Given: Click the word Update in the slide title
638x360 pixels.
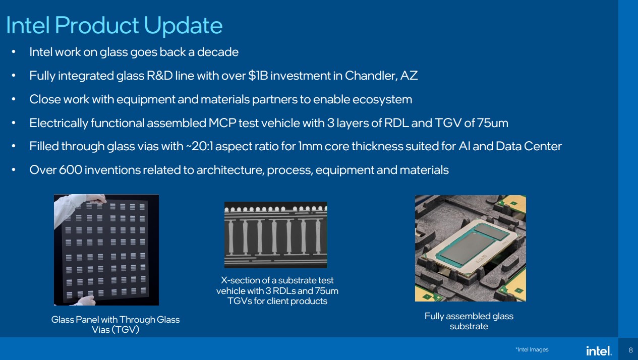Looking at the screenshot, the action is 183,26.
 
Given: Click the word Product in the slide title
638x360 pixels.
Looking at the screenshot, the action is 96,25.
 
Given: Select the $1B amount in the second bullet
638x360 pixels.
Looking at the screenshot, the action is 258,76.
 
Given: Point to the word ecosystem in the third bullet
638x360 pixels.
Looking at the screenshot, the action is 382,100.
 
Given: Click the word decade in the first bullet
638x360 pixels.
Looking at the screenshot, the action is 217,52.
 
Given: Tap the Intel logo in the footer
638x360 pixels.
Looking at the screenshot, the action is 599,350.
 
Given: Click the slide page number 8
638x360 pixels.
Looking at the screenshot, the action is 630,350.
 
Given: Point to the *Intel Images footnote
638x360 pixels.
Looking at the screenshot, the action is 532,349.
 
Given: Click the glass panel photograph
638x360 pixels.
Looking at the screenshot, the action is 106,250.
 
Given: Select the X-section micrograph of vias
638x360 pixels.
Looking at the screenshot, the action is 276,235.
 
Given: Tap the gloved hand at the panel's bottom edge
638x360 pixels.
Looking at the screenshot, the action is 85,301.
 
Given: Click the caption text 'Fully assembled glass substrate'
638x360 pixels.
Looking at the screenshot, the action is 469,321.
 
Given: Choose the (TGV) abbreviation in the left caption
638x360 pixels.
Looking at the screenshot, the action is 125,330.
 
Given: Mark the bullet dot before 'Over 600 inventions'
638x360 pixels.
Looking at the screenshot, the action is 14,170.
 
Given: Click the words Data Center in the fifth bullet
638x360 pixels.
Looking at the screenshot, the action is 529,146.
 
